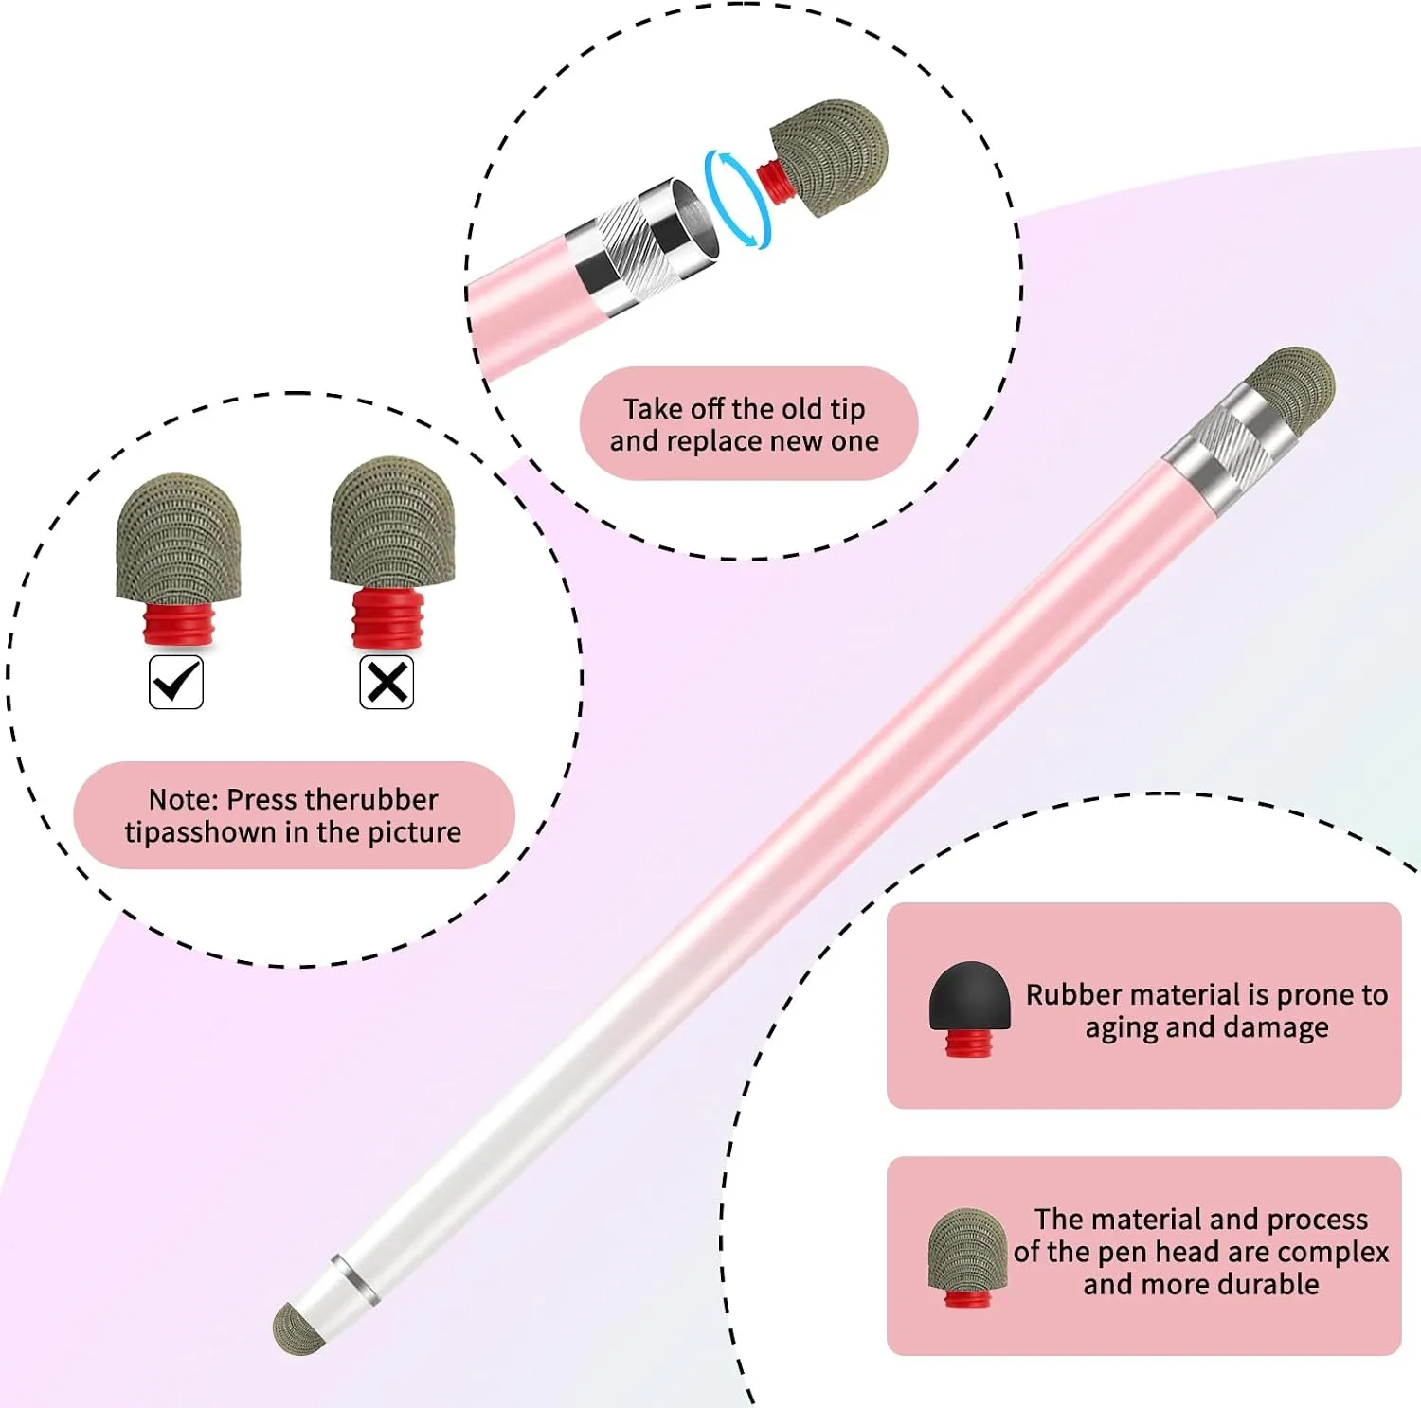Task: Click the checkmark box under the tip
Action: (x=176, y=682)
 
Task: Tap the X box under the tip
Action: (x=387, y=682)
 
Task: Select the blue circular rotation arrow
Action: (x=737, y=200)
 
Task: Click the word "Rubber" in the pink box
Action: (x=1074, y=995)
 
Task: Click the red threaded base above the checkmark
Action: (x=179, y=624)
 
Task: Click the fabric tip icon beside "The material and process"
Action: (x=967, y=1257)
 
